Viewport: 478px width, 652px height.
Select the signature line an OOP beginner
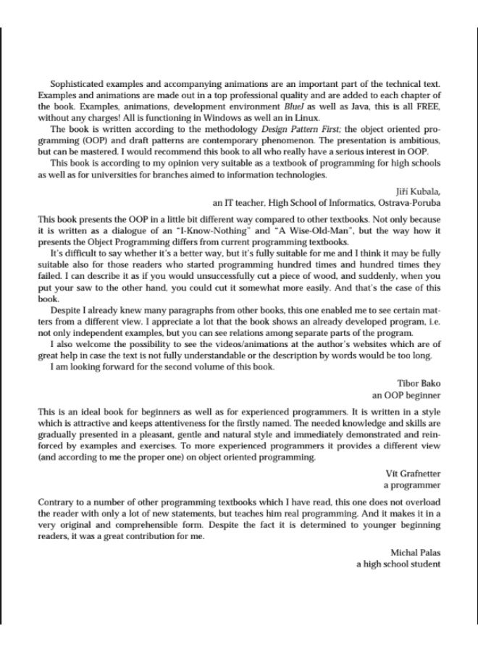tap(406, 396)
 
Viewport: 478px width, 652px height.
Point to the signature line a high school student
tap(398, 564)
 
